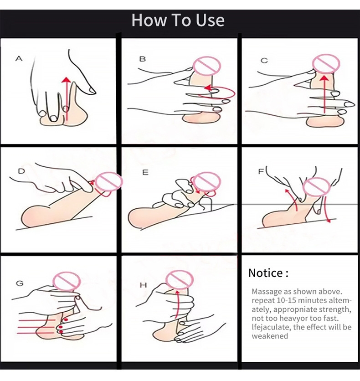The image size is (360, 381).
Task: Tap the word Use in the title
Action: click(x=210, y=20)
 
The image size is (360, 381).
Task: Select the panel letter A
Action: click(x=19, y=58)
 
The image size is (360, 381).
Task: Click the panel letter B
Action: click(x=142, y=59)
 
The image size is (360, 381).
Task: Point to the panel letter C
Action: click(x=264, y=61)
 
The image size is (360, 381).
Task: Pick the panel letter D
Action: click(x=21, y=171)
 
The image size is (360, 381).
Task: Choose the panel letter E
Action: click(x=145, y=172)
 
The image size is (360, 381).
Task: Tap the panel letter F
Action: click(x=261, y=171)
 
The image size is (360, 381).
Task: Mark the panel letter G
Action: click(x=20, y=283)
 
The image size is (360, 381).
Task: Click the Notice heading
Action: click(x=268, y=273)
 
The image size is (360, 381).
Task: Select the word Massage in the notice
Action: click(x=267, y=291)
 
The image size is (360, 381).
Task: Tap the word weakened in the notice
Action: click(x=270, y=336)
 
